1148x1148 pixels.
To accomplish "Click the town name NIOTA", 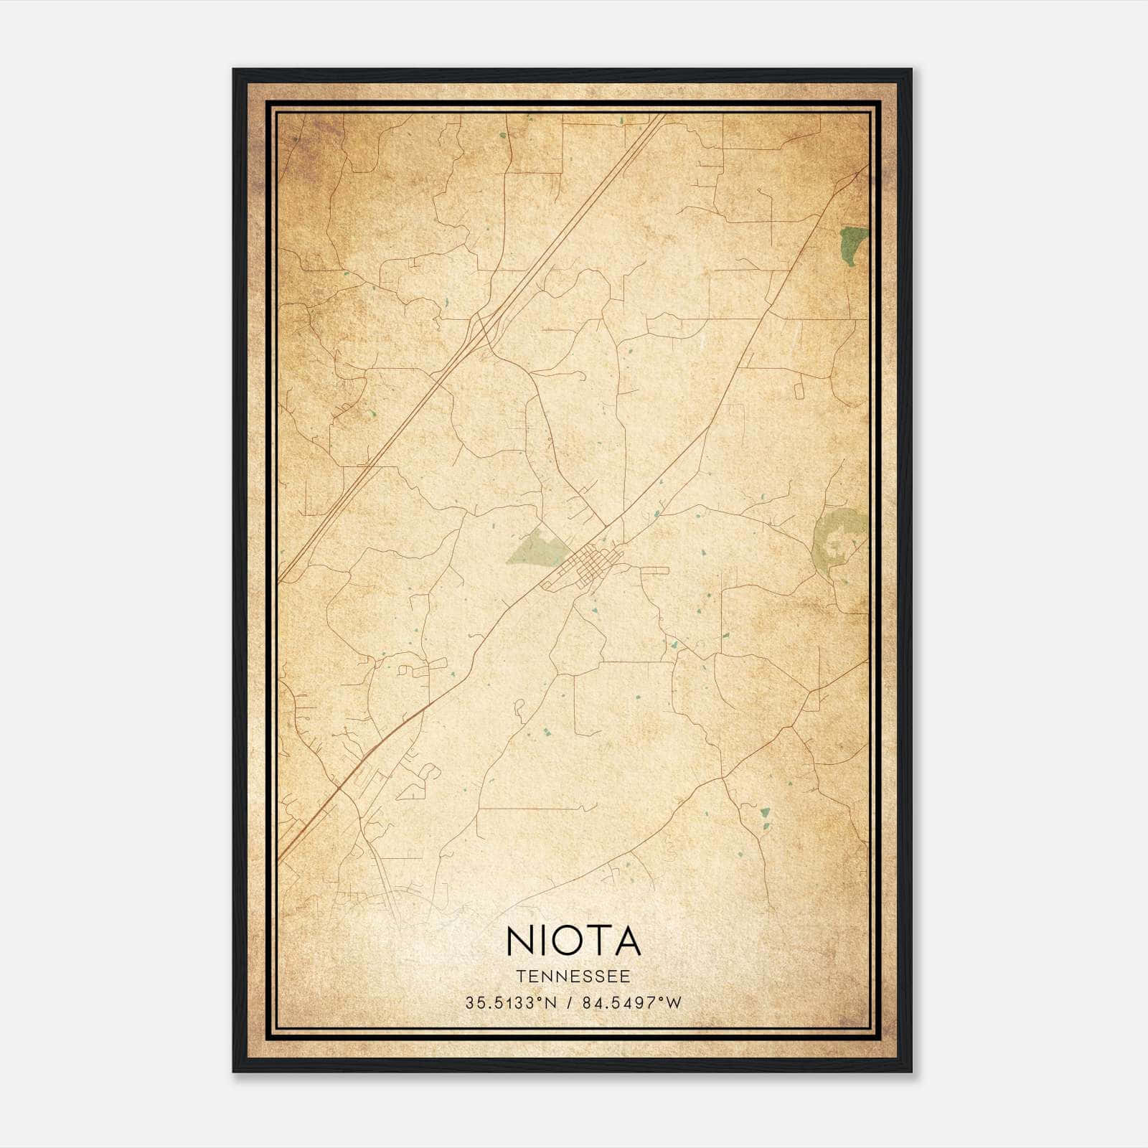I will point(573,941).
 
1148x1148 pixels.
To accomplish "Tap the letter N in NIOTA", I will point(520,941).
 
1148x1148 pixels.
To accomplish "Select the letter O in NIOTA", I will point(572,941).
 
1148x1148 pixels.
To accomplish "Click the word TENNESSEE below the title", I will point(573,977).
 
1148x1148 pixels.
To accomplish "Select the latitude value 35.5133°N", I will point(511,1003).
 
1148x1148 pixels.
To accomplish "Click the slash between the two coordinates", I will point(568,1003).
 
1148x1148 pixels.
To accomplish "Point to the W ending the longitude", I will point(674,1003).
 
